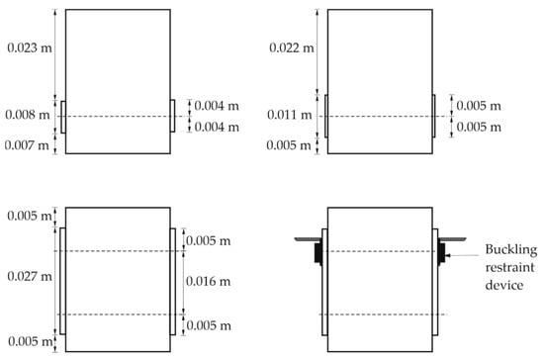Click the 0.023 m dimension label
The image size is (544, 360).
[30, 47]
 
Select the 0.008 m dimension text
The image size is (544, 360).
[28, 115]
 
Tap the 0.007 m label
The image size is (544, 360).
[27, 145]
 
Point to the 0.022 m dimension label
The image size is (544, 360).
[292, 47]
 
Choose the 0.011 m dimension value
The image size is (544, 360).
[290, 115]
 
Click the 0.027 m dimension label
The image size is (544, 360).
[30, 276]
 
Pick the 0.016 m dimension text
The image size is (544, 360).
[208, 281]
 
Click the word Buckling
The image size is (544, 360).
[511, 249]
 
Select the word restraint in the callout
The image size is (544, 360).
[509, 267]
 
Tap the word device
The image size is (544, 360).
[504, 285]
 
